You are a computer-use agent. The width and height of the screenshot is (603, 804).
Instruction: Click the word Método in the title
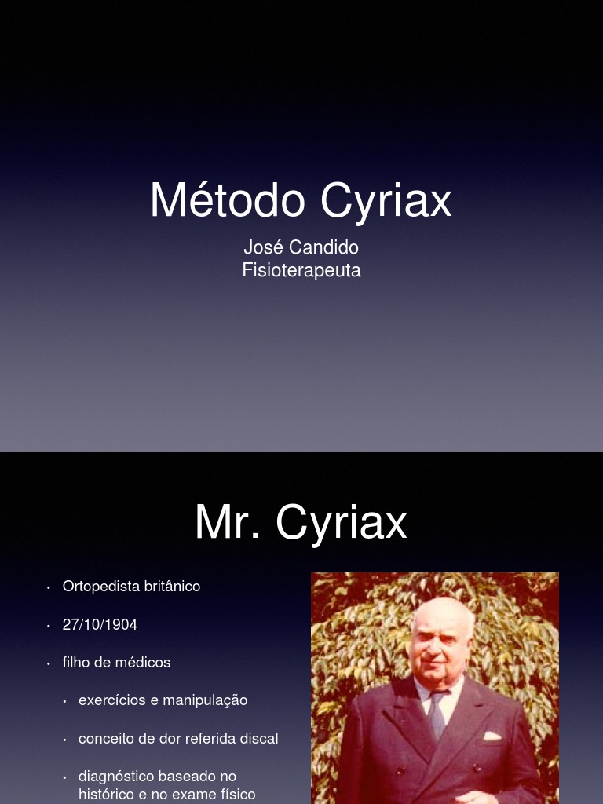[x=227, y=200]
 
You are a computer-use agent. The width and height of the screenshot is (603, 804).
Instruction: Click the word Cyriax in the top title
[x=386, y=202]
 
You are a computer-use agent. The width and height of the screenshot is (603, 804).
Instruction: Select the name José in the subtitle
[x=263, y=247]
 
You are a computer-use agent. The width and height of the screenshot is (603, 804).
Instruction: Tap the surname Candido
[x=323, y=247]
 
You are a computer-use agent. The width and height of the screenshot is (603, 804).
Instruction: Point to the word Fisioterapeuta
[x=301, y=271]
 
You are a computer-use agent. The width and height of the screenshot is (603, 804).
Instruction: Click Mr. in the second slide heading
[x=227, y=523]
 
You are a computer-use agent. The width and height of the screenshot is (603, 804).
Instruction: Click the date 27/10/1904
[x=100, y=625]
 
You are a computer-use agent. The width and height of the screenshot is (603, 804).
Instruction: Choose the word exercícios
[x=111, y=700]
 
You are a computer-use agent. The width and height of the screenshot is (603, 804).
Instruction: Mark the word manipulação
[x=205, y=700]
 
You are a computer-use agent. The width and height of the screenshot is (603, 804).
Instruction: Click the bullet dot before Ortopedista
[x=49, y=587]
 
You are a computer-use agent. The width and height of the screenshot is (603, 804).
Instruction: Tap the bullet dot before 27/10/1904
[x=49, y=626]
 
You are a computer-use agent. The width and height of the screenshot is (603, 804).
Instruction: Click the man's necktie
[x=437, y=714]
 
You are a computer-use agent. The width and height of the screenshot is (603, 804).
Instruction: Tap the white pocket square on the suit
[x=492, y=736]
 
